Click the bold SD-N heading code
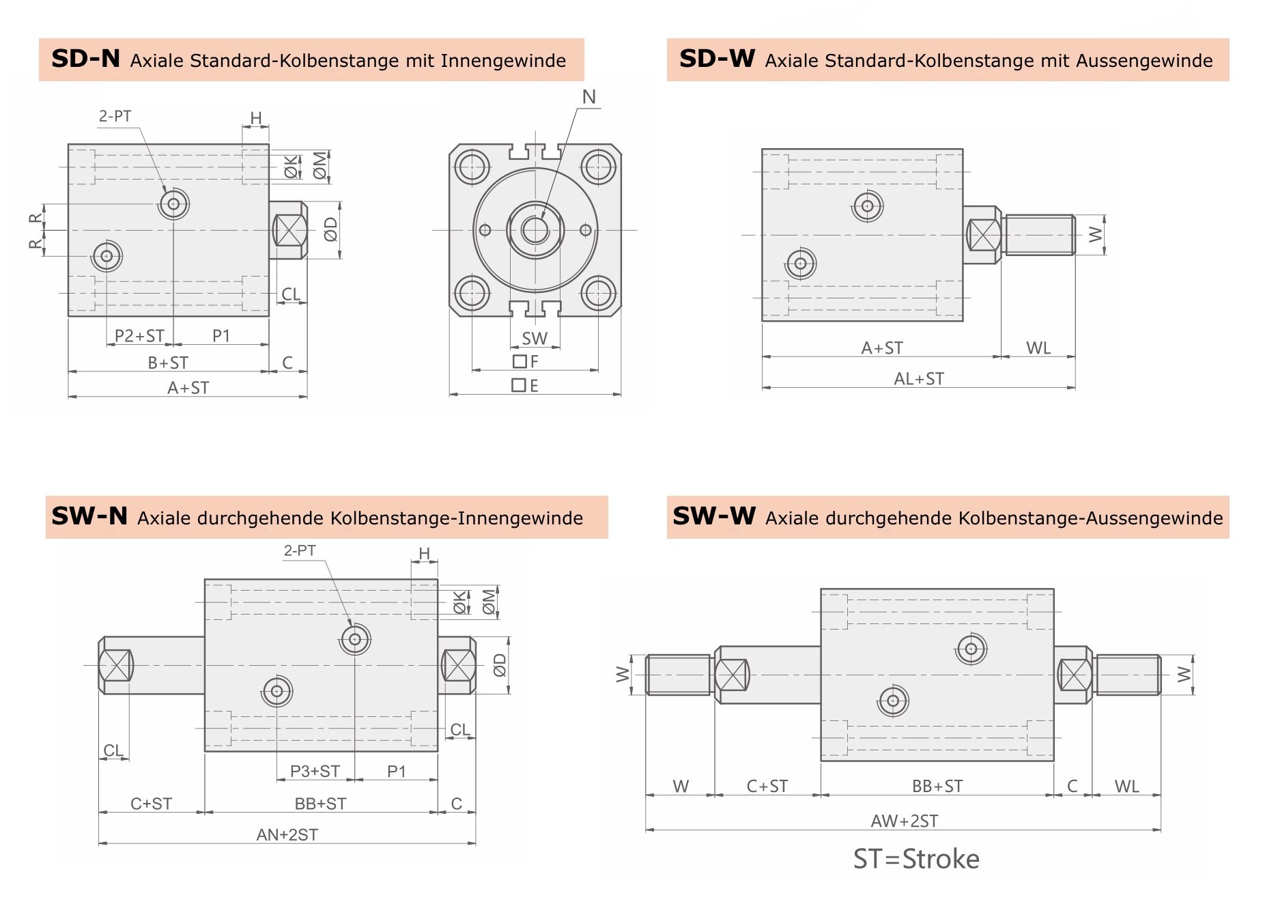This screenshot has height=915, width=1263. point(85,59)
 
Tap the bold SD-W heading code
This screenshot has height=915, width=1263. point(717,59)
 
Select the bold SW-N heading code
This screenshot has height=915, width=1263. point(89,516)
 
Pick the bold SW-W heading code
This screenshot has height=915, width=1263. point(713,516)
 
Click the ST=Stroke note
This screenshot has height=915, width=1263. point(916,859)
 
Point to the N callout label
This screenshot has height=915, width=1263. point(589,98)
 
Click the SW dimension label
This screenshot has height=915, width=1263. point(535,339)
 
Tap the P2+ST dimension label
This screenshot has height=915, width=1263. point(139,336)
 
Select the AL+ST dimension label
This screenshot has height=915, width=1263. point(919,379)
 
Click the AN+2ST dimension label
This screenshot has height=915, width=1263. point(287,834)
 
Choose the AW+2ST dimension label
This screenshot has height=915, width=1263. point(904,821)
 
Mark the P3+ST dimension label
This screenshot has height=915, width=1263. point(315,772)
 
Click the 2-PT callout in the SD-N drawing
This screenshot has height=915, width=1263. point(115,116)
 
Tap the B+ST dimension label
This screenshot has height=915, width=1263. point(168,363)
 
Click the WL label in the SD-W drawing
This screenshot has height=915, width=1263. point(1038,348)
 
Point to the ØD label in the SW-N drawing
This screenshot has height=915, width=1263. point(500,665)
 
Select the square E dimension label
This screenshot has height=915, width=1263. point(525,386)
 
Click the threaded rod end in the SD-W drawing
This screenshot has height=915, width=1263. point(1039,235)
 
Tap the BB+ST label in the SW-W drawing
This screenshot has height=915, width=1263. point(937,787)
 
